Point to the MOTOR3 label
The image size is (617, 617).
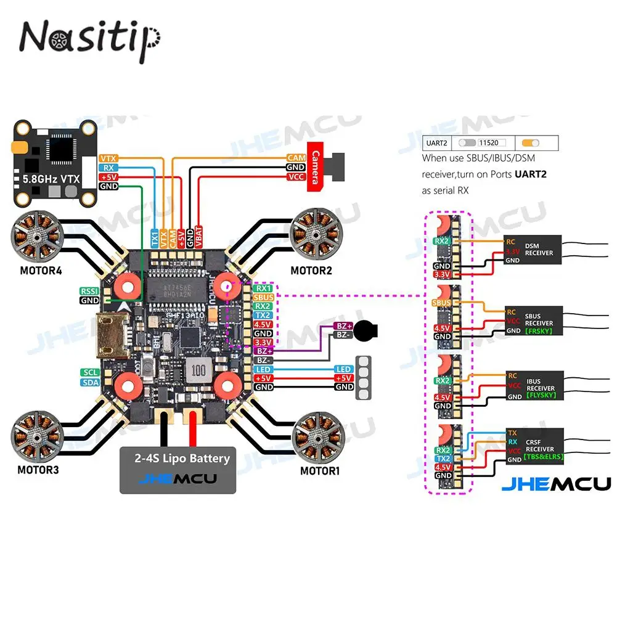(39, 470)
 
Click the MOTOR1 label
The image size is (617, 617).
(321, 471)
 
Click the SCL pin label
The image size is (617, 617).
(89, 372)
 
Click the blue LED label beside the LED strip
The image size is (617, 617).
(343, 369)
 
